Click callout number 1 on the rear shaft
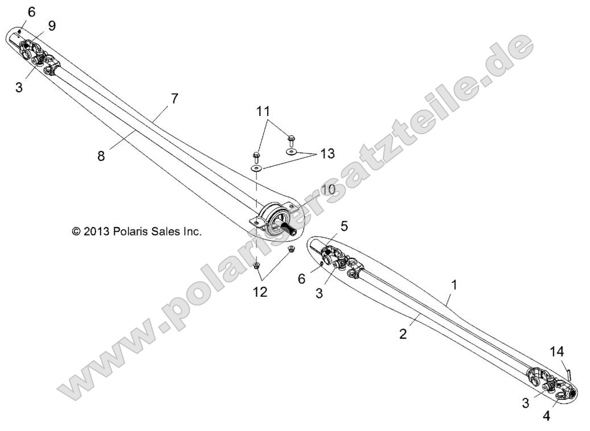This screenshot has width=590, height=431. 453,283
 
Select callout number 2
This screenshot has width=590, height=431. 403,334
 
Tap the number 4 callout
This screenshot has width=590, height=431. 546,416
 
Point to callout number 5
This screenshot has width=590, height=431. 344,226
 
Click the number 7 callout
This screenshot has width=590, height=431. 174,98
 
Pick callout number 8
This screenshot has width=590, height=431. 101,156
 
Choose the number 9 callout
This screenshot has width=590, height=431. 52,26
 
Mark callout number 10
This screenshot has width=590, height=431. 329,190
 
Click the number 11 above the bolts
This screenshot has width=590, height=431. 263,111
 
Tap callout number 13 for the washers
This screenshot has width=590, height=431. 327,154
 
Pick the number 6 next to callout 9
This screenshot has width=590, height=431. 31,11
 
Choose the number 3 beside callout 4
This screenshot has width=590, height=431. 526,403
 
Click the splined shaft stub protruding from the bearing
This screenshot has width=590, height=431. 292,229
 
